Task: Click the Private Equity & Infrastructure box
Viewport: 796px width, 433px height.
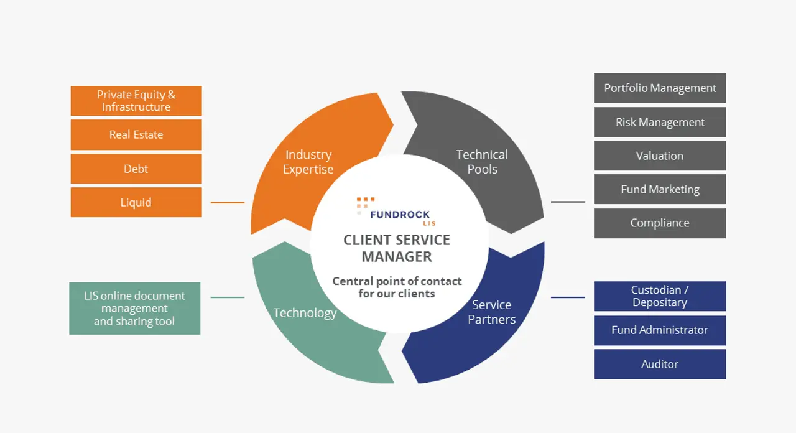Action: (136, 101)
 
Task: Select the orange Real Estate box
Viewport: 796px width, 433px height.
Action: (136, 134)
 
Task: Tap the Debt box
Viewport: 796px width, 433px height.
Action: (136, 169)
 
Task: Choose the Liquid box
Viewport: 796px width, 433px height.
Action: (136, 202)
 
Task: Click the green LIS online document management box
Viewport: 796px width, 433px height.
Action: (134, 309)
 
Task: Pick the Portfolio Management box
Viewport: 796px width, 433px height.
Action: (660, 88)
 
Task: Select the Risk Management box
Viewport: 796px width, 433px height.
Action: (660, 122)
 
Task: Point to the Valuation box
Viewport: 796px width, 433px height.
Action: (660, 156)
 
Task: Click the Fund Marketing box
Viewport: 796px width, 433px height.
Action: (660, 189)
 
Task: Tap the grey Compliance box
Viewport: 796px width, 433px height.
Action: (660, 223)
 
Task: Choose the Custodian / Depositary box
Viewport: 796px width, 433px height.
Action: (660, 296)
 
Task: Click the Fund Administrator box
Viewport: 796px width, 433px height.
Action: (660, 330)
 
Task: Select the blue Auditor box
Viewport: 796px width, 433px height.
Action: (660, 364)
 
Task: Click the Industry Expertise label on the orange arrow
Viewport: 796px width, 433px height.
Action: (308, 162)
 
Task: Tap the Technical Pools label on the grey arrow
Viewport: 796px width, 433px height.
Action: (482, 162)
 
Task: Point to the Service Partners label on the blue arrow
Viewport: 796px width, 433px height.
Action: (492, 312)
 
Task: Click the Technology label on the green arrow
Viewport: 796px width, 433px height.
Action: (305, 313)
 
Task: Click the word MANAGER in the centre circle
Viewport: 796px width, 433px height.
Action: (397, 256)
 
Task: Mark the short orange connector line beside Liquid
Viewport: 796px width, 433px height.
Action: (228, 203)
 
